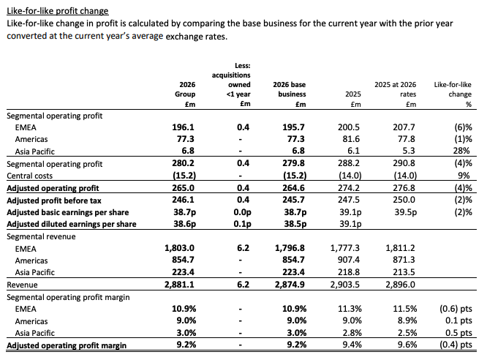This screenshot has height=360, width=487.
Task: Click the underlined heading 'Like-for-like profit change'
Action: click(58, 11)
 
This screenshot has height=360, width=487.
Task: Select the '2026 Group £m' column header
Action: click(185, 94)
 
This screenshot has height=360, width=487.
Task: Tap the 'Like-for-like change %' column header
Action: click(453, 94)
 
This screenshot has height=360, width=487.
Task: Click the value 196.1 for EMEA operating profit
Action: click(184, 127)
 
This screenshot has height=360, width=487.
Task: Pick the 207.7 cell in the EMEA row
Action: click(404, 127)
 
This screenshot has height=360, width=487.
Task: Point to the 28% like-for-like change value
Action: click(461, 151)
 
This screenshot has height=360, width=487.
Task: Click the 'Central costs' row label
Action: click(29, 176)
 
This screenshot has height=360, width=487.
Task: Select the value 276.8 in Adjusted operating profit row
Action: click(404, 188)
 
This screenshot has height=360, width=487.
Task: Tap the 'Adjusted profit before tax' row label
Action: click(54, 200)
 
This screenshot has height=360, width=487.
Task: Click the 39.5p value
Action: click(406, 212)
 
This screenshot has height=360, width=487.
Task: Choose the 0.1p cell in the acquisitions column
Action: click(242, 224)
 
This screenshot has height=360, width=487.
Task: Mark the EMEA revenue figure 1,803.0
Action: click(180, 248)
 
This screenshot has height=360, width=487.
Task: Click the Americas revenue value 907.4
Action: click(349, 260)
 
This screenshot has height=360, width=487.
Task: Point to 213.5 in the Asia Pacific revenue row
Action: click(404, 272)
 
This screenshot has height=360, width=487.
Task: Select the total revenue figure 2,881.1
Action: click(180, 285)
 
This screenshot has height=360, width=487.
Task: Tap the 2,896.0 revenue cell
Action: click(400, 285)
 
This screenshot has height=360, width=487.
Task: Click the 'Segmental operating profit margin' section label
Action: click(68, 297)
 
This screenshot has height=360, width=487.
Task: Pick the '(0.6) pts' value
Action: click(456, 309)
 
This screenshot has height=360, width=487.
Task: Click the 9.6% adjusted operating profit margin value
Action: click(407, 345)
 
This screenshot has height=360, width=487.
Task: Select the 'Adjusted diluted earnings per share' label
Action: click(72, 224)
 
